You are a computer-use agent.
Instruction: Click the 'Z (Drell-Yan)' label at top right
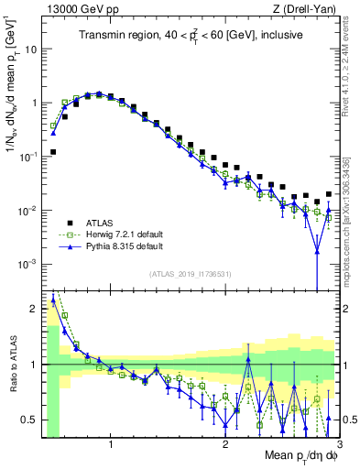click(x=306, y=8)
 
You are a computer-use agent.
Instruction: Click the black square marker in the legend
click(x=65, y=223)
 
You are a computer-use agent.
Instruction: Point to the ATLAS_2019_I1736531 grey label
click(x=190, y=274)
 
